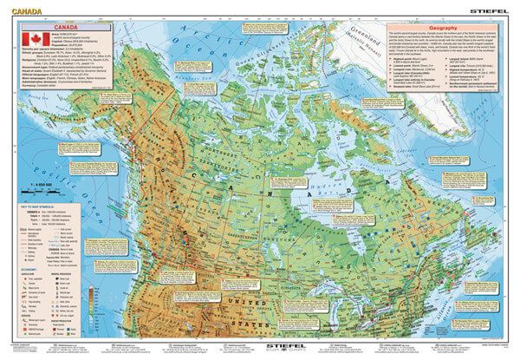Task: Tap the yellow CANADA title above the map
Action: pyautogui.click(x=22, y=7)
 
